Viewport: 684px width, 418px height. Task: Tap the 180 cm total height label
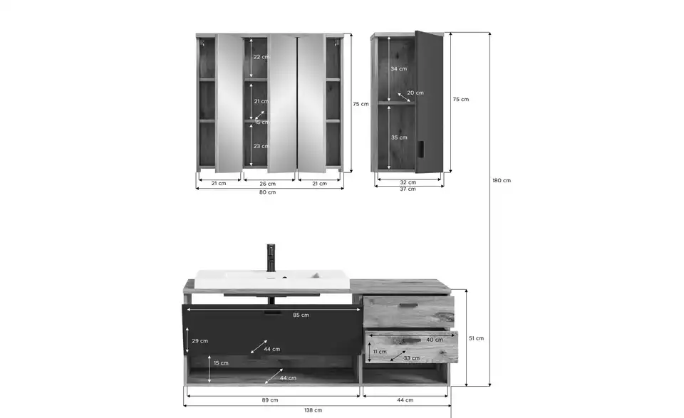(502, 180)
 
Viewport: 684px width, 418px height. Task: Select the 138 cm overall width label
(313, 410)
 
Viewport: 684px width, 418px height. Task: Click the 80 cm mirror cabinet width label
(267, 192)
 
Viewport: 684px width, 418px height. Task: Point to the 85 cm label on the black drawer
(301, 315)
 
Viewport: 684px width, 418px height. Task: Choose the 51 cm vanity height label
(477, 338)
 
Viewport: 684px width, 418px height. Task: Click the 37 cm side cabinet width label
(408, 189)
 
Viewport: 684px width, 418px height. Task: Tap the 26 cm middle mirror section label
(267, 184)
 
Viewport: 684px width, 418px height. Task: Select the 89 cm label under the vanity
(270, 400)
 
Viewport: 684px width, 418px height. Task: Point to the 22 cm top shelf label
(261, 57)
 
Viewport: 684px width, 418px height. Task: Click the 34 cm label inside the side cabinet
(399, 69)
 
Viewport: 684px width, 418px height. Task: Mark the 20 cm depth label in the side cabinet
(415, 93)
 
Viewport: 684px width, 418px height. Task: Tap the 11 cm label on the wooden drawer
(380, 352)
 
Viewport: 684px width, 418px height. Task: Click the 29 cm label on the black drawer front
(199, 341)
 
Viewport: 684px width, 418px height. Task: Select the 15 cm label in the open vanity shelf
(221, 363)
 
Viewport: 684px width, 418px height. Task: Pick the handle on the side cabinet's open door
(420, 148)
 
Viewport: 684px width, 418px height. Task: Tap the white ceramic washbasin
(271, 279)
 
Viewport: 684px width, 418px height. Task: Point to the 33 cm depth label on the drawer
(411, 358)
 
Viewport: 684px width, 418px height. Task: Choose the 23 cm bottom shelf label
(261, 147)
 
